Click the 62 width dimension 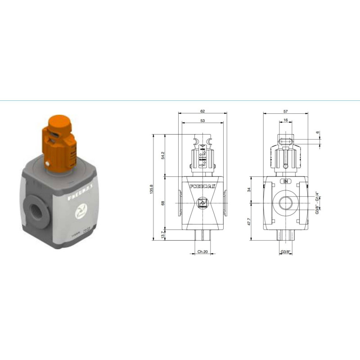click(x=202, y=111)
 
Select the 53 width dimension click(x=202, y=121)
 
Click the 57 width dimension click(x=286, y=111)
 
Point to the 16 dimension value click(x=286, y=121)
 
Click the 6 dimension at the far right click(x=317, y=133)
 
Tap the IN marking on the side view click(x=286, y=182)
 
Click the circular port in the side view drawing click(x=286, y=203)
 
